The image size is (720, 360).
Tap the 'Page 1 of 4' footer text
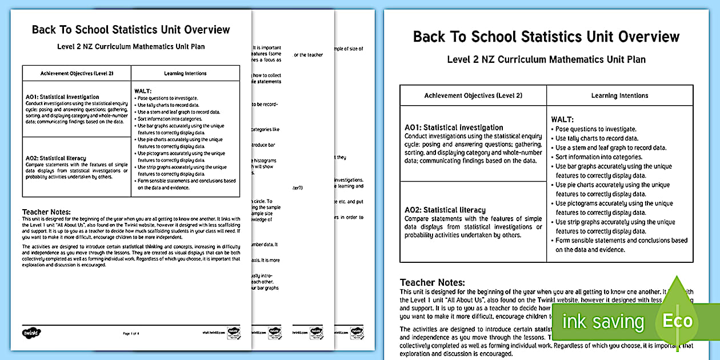click(x=131, y=333)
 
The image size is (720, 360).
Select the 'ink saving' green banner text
click(x=603, y=322)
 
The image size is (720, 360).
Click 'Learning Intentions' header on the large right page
click(x=619, y=95)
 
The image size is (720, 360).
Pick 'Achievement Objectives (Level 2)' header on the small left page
click(x=77, y=73)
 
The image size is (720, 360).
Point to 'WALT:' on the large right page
click(x=563, y=119)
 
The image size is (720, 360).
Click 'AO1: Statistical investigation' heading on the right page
click(x=454, y=127)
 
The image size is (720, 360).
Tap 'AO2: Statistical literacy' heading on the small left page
click(x=56, y=158)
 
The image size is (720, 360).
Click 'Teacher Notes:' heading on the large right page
click(x=432, y=282)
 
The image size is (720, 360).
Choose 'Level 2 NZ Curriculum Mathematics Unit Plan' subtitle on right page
click(x=546, y=59)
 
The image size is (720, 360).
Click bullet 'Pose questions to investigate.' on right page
click(x=595, y=129)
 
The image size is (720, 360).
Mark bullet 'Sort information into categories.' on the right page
click(x=599, y=157)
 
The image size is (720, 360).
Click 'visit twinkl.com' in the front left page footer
click(x=211, y=333)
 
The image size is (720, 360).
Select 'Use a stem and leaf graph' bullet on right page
click(x=610, y=147)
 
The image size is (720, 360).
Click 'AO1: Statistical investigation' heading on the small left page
click(x=62, y=97)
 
